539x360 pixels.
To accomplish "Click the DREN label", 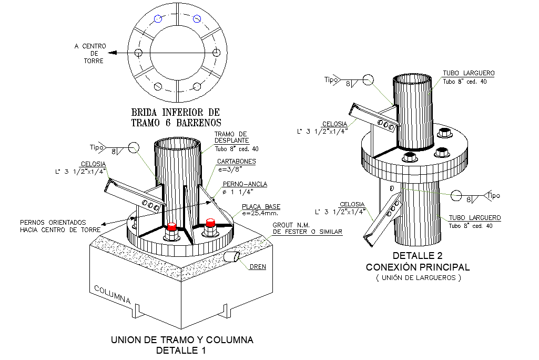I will (258, 267).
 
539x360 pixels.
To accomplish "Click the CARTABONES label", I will (236, 162).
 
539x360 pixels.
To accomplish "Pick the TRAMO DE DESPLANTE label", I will (231, 137).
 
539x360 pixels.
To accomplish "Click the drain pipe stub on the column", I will (232, 256).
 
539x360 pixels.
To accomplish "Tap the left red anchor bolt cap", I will (171, 227).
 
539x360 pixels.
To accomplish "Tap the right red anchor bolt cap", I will (211, 223).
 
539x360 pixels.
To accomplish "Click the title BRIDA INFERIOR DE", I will (175, 112).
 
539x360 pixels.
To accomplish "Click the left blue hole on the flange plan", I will (158, 19).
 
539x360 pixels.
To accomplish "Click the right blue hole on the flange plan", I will (197, 19).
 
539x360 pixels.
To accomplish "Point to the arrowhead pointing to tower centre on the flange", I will (116, 53).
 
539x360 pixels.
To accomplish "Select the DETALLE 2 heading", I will (418, 256).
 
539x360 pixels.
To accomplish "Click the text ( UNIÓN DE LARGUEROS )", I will (418, 278).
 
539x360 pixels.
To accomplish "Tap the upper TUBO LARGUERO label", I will (468, 73).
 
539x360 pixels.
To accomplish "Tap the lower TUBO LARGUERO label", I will (474, 217).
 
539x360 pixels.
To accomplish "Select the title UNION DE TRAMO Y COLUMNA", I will (182, 340).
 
